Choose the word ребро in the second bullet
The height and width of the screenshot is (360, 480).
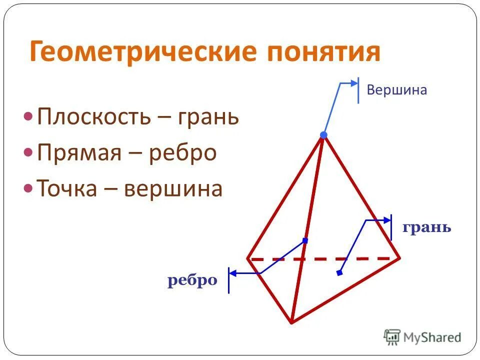click(182, 152)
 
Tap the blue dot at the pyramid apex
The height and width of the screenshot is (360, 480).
click(323, 135)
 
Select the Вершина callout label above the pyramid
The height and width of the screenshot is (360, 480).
click(397, 90)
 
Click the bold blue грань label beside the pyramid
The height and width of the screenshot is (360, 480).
click(426, 227)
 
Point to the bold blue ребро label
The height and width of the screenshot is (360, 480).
click(192, 280)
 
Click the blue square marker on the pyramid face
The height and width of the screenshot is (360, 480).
click(339, 273)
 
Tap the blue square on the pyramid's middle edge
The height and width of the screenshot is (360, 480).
click(305, 240)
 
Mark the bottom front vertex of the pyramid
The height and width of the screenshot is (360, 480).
click(291, 322)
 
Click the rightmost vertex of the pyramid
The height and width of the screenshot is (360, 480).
click(399, 258)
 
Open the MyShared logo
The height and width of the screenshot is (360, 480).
click(422, 337)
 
